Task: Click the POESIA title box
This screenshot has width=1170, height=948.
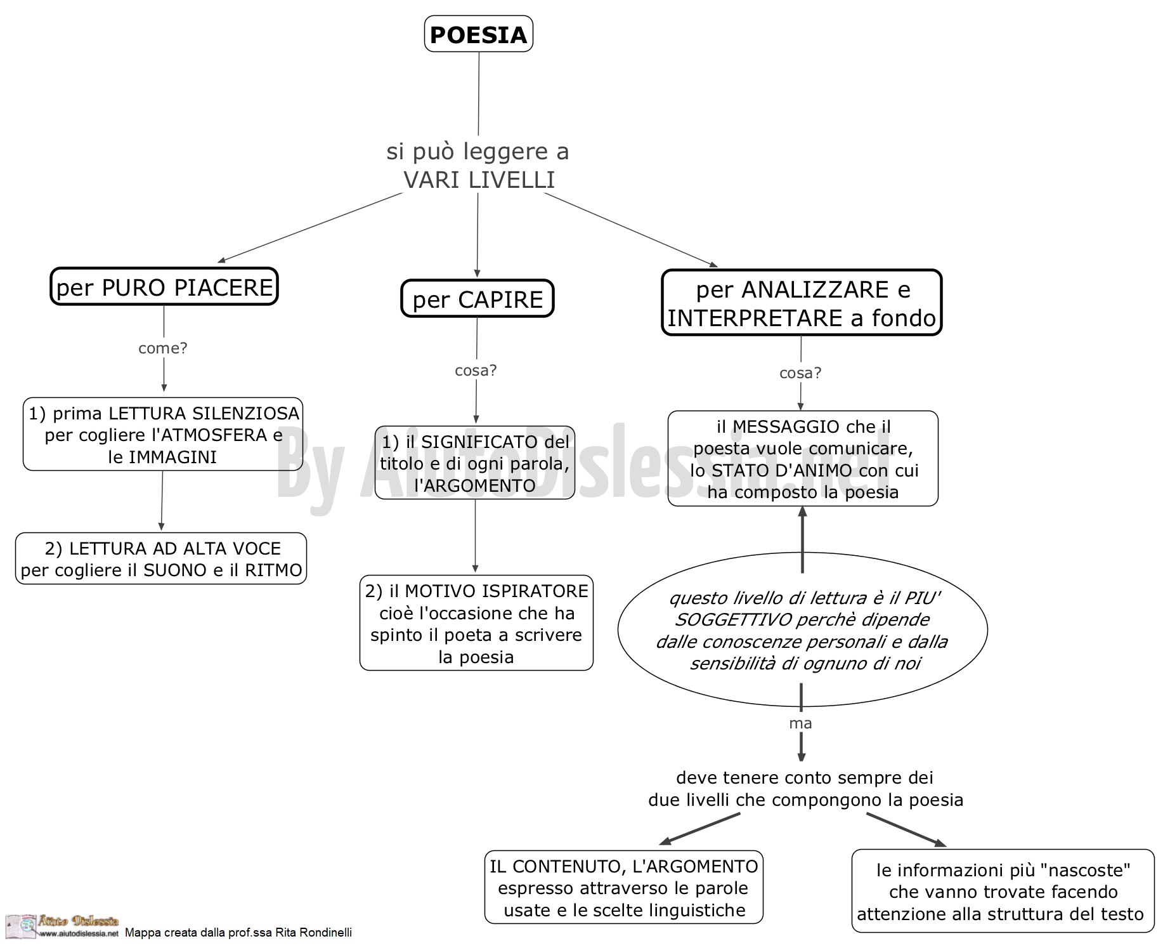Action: [478, 34]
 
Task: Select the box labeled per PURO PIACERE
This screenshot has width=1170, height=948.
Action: [164, 287]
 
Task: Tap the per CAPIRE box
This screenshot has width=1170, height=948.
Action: [478, 299]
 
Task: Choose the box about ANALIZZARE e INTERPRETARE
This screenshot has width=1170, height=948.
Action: [802, 303]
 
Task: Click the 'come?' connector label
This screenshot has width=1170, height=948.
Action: [163, 348]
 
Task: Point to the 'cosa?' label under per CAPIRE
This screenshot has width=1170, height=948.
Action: [476, 370]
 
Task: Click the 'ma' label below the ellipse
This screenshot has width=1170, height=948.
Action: [800, 723]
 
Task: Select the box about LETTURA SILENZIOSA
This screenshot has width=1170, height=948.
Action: [163, 435]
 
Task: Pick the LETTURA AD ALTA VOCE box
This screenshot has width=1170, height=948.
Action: [161, 558]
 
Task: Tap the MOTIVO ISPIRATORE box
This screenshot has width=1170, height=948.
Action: [476, 623]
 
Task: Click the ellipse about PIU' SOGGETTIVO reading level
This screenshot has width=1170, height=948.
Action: [803, 629]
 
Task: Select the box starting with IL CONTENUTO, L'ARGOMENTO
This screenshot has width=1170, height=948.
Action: [624, 887]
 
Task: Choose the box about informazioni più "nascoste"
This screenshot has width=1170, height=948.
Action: [1003, 891]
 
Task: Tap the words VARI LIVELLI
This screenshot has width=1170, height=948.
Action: [479, 180]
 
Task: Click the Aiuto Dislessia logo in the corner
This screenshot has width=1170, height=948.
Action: [62, 926]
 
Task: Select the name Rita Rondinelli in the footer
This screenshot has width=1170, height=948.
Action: [313, 932]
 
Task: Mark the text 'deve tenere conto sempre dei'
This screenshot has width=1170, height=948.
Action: [805, 777]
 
